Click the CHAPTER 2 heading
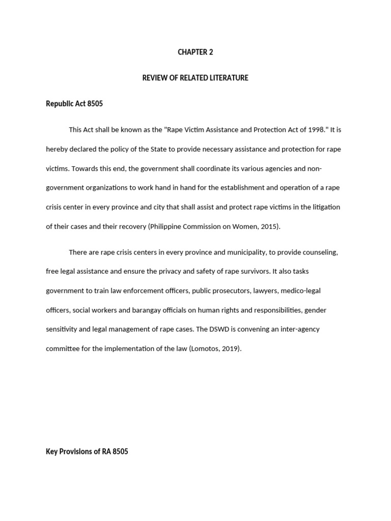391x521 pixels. tap(195, 52)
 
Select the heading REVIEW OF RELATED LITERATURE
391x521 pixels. tap(195, 78)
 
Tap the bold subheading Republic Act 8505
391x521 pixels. tap(74, 104)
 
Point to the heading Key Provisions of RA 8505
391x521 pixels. tap(87, 451)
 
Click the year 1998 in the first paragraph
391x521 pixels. tap(315, 130)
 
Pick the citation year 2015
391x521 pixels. tap(269, 226)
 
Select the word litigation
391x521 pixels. tap(324, 207)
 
